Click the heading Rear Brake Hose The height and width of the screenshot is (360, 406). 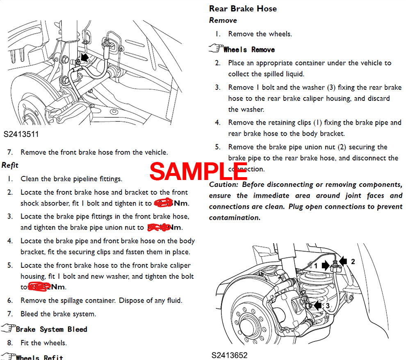click(243, 9)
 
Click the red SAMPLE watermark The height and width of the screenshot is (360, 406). click(198, 171)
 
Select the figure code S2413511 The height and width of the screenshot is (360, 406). click(21, 134)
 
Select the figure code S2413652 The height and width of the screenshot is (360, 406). click(230, 355)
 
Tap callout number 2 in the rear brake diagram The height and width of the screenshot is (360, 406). click(353, 261)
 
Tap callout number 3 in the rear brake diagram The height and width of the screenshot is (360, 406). click(327, 306)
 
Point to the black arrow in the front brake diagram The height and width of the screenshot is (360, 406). click(84, 57)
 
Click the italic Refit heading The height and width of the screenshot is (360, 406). click(10, 165)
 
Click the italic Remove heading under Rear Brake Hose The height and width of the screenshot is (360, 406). click(223, 20)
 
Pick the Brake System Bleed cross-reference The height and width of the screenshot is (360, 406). click(51, 329)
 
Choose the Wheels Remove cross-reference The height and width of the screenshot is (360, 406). click(249, 50)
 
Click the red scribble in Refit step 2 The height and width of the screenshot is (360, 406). click(163, 203)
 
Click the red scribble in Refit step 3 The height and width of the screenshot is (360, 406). click(158, 227)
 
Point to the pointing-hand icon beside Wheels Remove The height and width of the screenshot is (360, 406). click(215, 49)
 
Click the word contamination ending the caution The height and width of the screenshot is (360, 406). click(235, 218)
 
